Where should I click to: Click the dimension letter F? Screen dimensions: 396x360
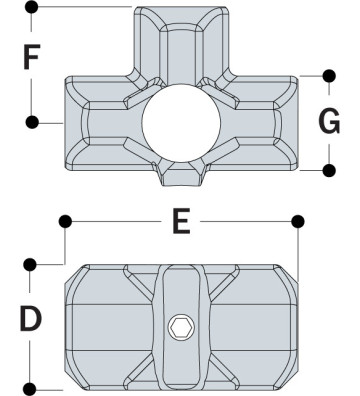(x=34, y=60)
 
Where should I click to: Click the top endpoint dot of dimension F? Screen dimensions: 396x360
(x=32, y=7)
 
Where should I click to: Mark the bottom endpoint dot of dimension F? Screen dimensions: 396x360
(x=32, y=122)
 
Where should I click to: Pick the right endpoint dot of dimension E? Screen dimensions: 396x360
(x=296, y=219)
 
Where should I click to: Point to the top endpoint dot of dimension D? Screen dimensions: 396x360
(x=32, y=264)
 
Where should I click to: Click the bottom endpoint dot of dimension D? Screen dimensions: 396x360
(x=32, y=387)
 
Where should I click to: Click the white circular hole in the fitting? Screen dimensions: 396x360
(x=180, y=125)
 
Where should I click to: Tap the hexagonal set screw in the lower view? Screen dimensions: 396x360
(x=180, y=327)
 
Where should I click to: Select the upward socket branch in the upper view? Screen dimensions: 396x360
(x=180, y=40)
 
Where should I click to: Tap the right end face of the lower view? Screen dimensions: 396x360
(x=288, y=325)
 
